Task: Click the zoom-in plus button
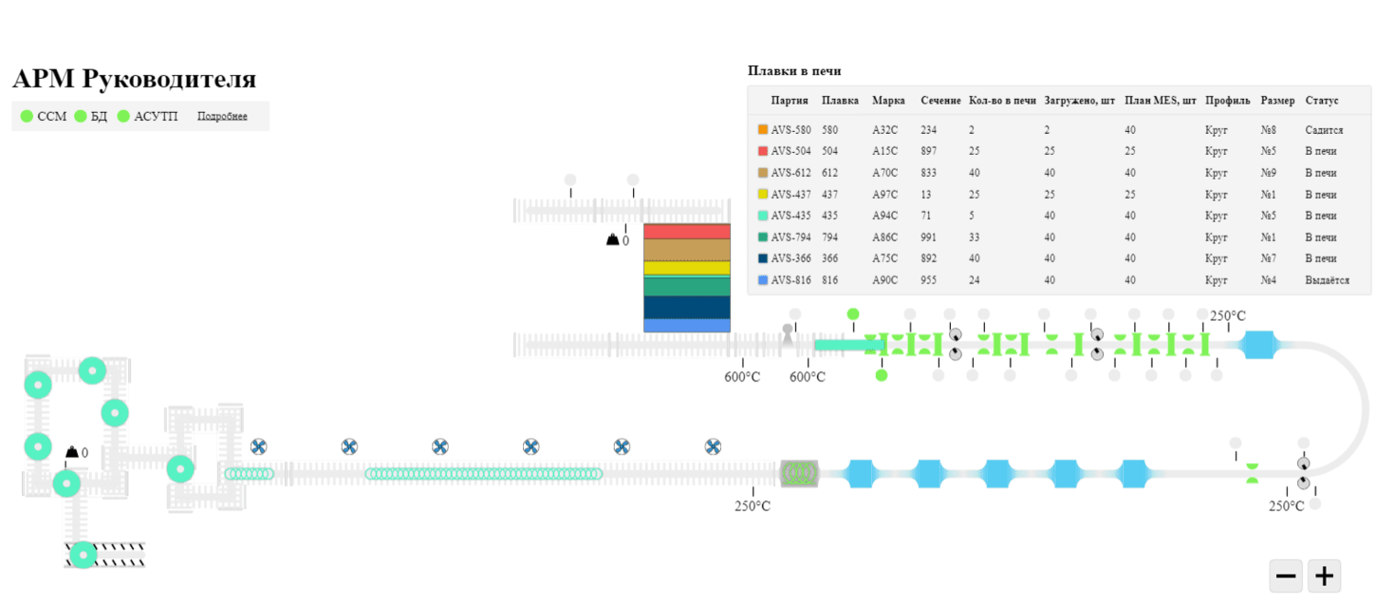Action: (1324, 576)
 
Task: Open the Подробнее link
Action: (222, 116)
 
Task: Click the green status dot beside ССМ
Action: (27, 116)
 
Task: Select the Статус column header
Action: (1321, 100)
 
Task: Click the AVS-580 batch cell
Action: (790, 130)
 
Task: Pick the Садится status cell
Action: (1324, 130)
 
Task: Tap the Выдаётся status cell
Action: (1327, 280)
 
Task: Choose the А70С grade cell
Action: (884, 173)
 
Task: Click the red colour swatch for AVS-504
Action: (763, 151)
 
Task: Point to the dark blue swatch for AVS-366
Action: (763, 258)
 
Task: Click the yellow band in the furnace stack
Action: (687, 268)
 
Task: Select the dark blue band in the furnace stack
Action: (687, 307)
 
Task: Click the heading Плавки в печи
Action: (794, 70)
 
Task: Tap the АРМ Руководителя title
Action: (135, 79)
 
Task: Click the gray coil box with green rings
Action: (799, 473)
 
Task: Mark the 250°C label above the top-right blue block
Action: (1227, 316)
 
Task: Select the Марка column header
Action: (888, 100)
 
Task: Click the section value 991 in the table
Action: (928, 237)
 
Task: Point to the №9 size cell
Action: (1269, 173)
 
